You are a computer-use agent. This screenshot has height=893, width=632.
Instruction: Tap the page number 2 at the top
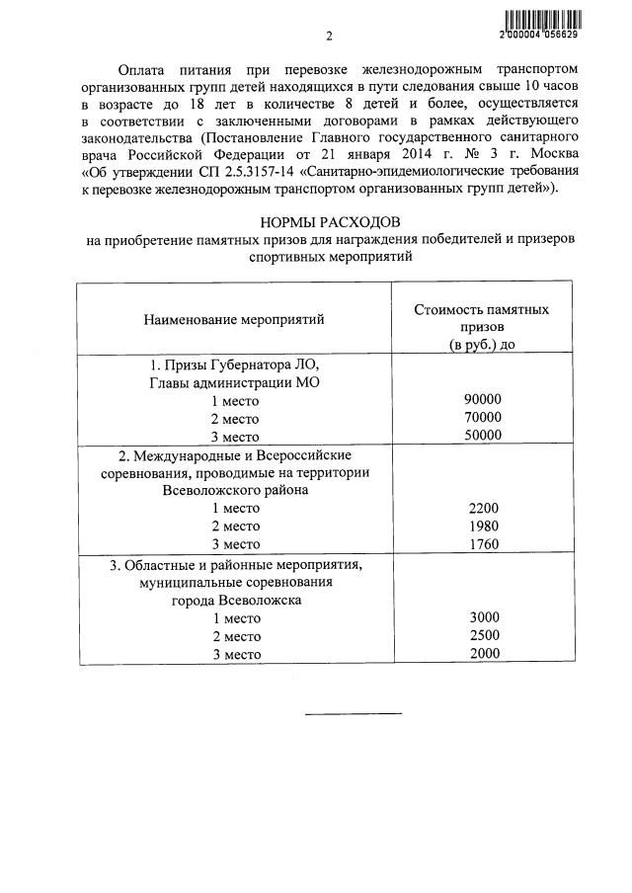[330, 38]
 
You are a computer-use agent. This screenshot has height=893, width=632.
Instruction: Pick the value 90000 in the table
[483, 399]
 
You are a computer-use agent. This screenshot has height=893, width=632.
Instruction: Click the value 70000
[483, 417]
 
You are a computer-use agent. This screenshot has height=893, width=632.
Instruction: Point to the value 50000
[483, 436]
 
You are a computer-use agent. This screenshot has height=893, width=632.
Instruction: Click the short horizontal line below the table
[353, 712]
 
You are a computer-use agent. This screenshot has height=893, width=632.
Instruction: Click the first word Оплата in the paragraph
[140, 71]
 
